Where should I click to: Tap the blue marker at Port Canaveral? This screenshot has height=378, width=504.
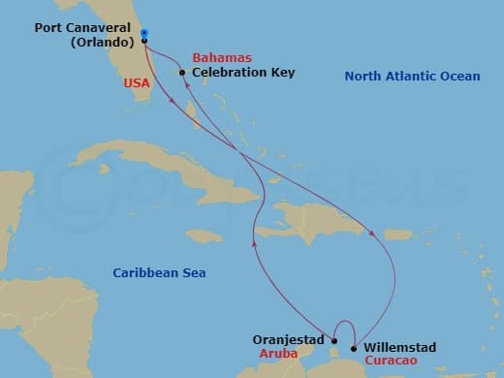143,34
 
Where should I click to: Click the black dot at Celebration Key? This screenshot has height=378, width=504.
182,72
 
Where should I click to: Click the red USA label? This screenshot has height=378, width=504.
136,84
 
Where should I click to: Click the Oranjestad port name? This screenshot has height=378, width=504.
288,339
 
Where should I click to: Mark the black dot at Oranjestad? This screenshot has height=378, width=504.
333,340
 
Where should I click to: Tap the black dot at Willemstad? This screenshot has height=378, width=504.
354,348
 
